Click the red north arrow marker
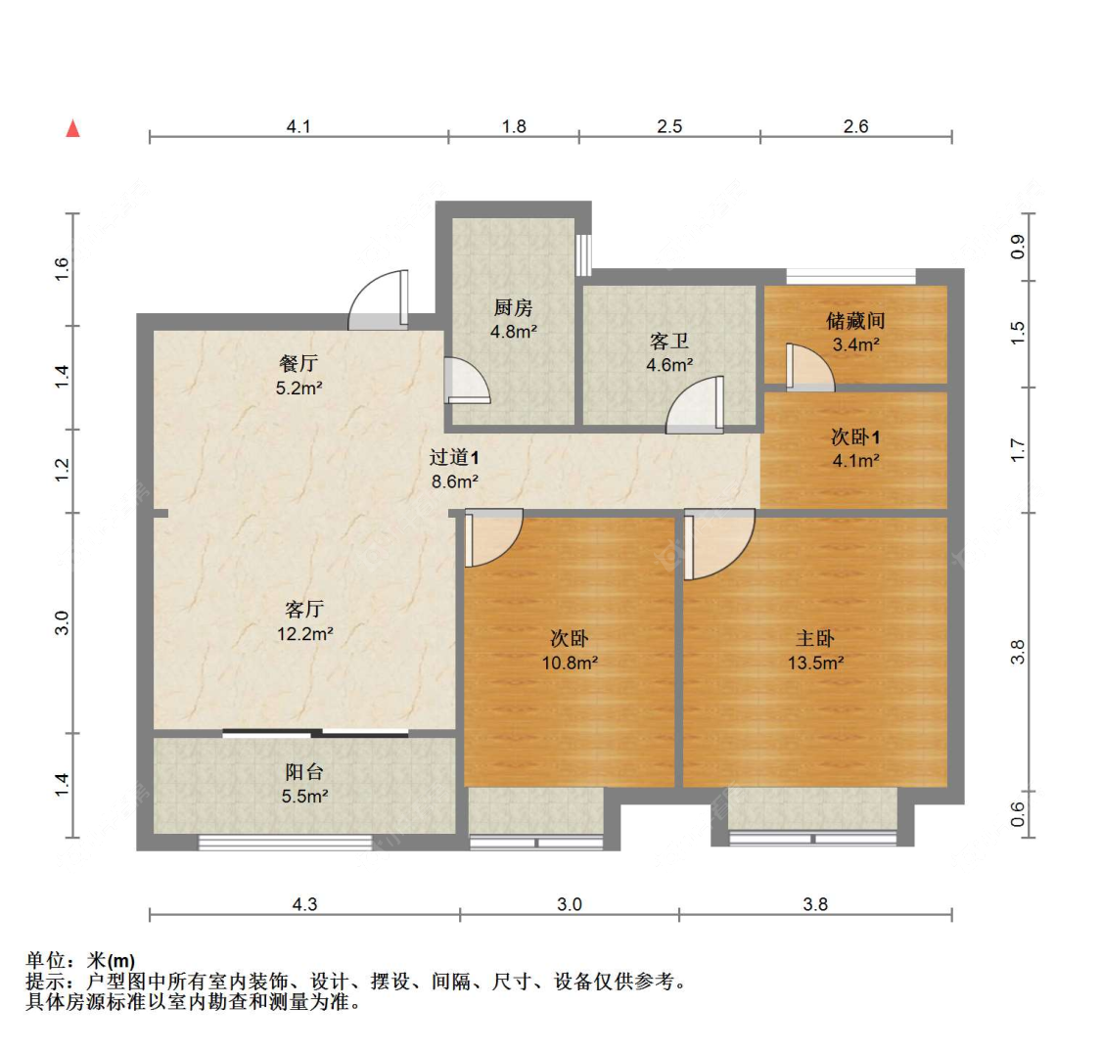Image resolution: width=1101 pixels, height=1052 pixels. pyautogui.click(x=72, y=128)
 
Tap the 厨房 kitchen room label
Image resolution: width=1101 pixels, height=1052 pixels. pyautogui.click(x=513, y=308)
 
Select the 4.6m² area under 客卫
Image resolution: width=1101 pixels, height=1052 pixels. pyautogui.click(x=669, y=365)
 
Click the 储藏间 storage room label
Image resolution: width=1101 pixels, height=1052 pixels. pyautogui.click(x=855, y=320)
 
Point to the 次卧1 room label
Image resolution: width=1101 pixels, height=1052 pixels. pyautogui.click(x=855, y=437)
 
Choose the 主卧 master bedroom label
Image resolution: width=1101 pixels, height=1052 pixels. pyautogui.click(x=815, y=639)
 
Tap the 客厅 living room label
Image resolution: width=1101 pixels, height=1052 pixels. pyautogui.click(x=304, y=611)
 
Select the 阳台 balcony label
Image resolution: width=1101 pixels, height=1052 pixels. pyautogui.click(x=304, y=773)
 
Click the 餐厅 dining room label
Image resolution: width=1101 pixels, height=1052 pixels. pyautogui.click(x=299, y=364)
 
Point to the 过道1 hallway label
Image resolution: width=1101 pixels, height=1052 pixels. pyautogui.click(x=453, y=457)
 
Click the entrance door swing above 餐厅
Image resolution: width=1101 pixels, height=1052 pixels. pyautogui.click(x=379, y=298)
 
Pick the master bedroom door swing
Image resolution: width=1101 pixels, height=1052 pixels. pyautogui.click(x=719, y=543)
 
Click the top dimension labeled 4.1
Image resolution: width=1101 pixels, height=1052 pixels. pyautogui.click(x=298, y=126)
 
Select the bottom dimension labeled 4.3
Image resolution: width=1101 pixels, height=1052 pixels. pyautogui.click(x=304, y=904)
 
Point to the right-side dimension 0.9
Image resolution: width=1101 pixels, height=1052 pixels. pyautogui.click(x=1018, y=248)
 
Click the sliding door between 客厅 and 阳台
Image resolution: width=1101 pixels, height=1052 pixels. pyautogui.click(x=315, y=732)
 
